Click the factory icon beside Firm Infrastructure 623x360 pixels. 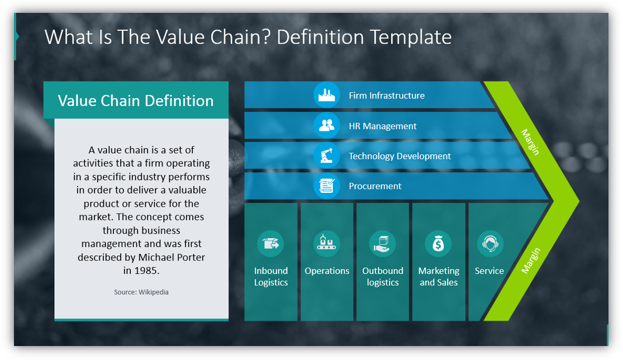tap(326, 96)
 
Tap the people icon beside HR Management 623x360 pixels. tap(326, 126)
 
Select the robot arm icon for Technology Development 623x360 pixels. tap(326, 156)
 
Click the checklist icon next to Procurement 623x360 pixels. tap(326, 186)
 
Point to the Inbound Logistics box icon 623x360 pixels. tap(270, 244)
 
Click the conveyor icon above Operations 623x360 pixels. tap(327, 244)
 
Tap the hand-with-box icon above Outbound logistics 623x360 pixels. tap(383, 244)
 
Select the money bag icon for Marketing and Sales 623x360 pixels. tap(439, 244)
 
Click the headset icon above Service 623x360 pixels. tap(490, 244)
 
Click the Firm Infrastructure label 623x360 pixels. tap(387, 96)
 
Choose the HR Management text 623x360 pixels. tap(383, 126)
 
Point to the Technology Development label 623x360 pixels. tap(400, 156)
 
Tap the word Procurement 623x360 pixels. tap(375, 186)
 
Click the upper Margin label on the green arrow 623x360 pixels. tap(530, 142)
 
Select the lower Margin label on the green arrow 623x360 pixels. tap(530, 260)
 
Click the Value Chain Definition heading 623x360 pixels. tap(136, 101)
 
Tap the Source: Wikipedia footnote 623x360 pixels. tap(141, 292)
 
